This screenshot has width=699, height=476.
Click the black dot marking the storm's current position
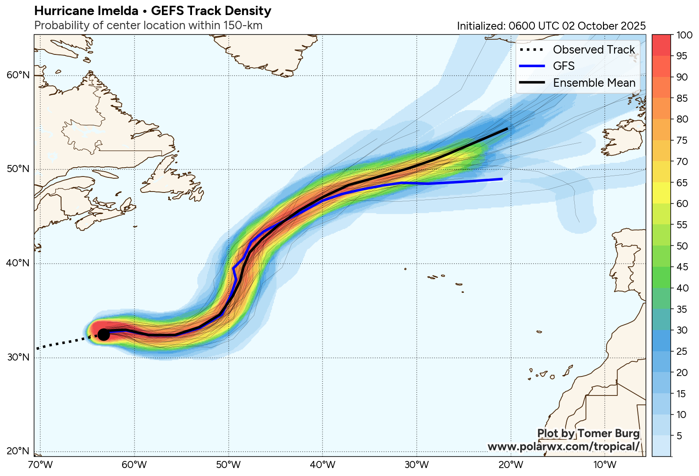(103, 334)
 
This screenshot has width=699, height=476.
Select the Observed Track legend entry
(594, 50)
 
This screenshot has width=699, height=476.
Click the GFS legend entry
(564, 66)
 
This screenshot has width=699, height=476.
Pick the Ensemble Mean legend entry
(594, 83)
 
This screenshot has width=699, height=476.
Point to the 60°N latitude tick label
(18, 75)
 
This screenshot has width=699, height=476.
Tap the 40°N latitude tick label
(18, 263)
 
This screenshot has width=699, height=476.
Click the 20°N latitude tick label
(18, 451)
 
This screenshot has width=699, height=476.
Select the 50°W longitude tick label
(228, 465)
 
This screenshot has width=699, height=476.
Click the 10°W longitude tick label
(605, 465)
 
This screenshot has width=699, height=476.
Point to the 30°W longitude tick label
(416, 465)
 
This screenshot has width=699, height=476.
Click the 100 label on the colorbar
(684, 35)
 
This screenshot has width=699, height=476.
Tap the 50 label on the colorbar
(682, 246)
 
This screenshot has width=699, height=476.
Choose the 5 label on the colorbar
(680, 436)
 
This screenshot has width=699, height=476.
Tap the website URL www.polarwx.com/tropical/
(563, 446)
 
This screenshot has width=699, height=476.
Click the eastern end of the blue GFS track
(502, 179)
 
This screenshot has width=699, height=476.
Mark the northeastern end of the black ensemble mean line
(507, 129)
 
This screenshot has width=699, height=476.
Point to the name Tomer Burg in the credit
(608, 434)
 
